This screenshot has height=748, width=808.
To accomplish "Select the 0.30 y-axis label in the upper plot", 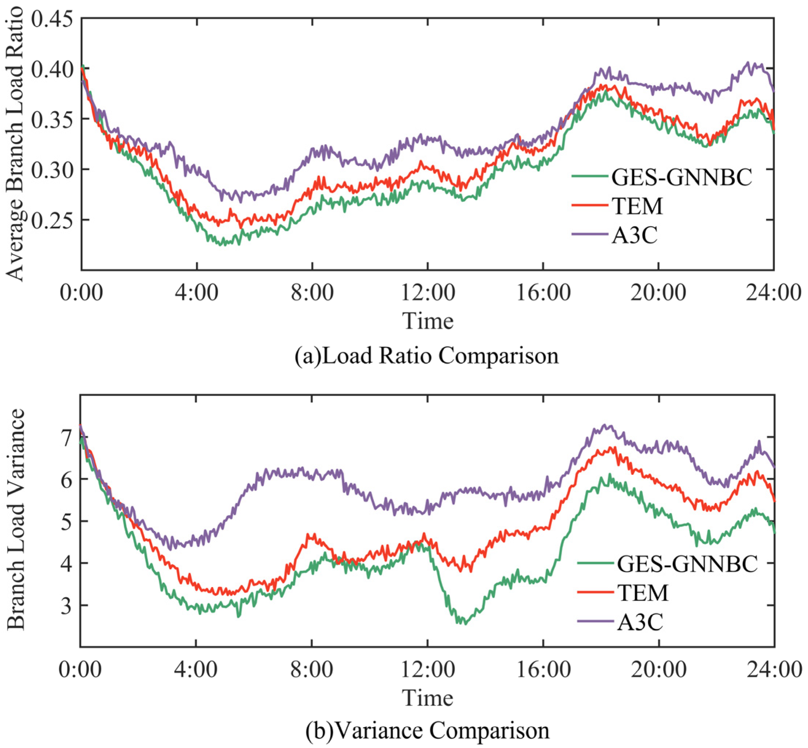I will pyautogui.click(x=55, y=169).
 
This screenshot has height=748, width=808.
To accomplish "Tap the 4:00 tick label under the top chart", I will pyautogui.click(x=196, y=292).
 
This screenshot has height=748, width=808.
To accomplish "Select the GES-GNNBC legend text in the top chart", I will pyautogui.click(x=681, y=177).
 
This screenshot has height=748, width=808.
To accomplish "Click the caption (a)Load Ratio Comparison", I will pyautogui.click(x=427, y=356).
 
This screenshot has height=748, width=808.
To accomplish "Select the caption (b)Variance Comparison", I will pyautogui.click(x=427, y=731).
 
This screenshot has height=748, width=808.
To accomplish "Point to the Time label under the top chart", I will pyautogui.click(x=427, y=322).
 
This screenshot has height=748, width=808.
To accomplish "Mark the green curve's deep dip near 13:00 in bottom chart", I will pyautogui.click(x=465, y=623).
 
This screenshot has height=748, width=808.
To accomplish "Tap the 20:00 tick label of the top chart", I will pyautogui.click(x=658, y=292).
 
